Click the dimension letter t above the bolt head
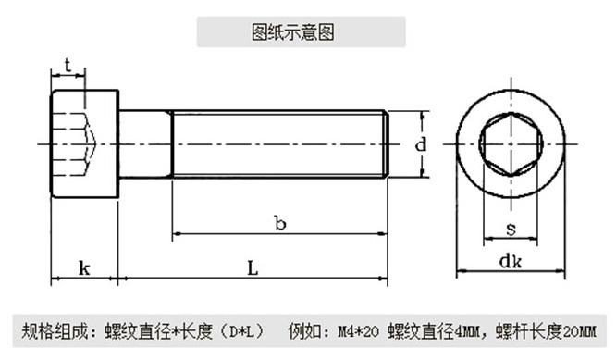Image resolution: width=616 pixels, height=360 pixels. [x=68, y=65]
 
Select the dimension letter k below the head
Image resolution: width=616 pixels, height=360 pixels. [x=84, y=268]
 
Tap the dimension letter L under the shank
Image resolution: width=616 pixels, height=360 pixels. [x=252, y=268]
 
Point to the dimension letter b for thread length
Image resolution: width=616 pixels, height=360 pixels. [x=279, y=222]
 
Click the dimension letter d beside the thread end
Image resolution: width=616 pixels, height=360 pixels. [x=419, y=144]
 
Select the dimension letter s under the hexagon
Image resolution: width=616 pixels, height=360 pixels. [x=511, y=229]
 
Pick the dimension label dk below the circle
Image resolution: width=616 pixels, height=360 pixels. [x=511, y=261]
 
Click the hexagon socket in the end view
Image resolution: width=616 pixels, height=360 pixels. [x=511, y=145]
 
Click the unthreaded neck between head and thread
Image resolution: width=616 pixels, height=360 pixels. [x=145, y=144]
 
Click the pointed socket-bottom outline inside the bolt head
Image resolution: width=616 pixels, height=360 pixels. [x=91, y=144]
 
